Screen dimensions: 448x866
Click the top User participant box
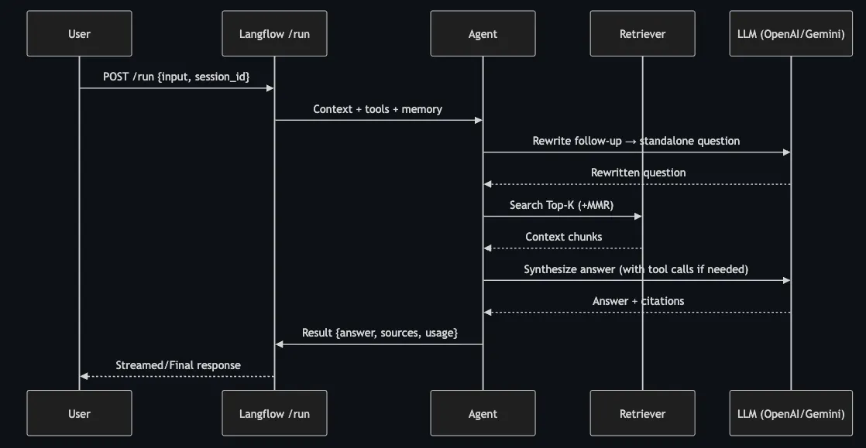click(79, 33)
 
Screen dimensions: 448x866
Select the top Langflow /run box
click(274, 33)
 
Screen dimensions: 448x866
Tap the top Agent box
click(483, 33)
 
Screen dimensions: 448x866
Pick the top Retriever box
click(642, 33)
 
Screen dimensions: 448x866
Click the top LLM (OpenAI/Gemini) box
click(791, 33)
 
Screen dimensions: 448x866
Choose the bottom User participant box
click(79, 413)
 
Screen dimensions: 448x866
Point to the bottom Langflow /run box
click(274, 413)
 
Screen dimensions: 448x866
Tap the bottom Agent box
click(483, 413)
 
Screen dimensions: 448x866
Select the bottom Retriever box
click(642, 413)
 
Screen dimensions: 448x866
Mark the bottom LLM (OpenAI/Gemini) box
click(791, 413)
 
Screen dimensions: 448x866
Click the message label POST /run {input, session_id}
click(177, 77)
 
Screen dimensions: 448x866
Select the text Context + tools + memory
click(378, 109)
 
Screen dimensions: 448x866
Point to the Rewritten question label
click(638, 173)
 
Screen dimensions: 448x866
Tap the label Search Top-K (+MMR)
click(562, 205)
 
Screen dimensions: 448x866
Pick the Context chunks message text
click(563, 237)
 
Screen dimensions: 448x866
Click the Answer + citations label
click(638, 301)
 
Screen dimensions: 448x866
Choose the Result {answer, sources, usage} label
click(380, 333)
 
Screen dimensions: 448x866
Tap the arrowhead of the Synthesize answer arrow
click(786, 280)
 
